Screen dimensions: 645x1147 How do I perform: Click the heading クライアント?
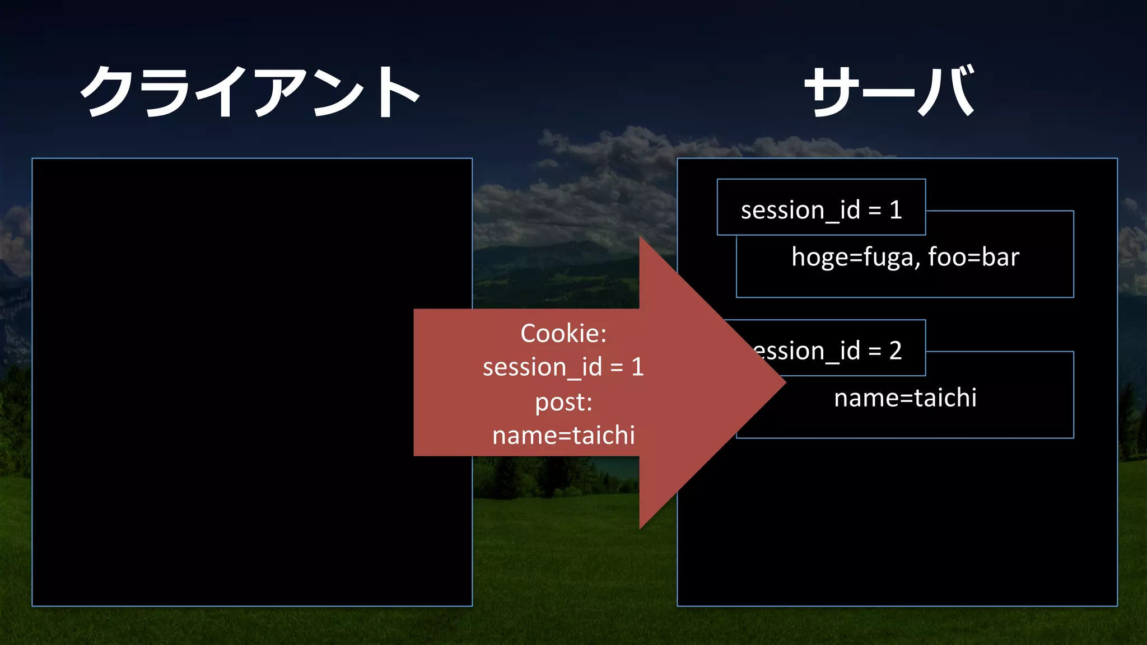pyautogui.click(x=250, y=91)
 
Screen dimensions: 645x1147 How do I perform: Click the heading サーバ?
pyautogui.click(x=889, y=91)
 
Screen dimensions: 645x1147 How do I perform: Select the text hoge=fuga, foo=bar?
pyautogui.click(x=905, y=258)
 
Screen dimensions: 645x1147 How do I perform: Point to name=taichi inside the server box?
pyautogui.click(x=905, y=398)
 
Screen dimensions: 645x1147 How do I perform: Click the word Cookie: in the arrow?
pyautogui.click(x=563, y=334)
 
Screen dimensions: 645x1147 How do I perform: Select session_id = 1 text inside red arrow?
pyautogui.click(x=563, y=367)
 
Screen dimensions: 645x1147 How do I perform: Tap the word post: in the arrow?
pyautogui.click(x=563, y=402)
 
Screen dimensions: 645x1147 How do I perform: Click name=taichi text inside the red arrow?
pyautogui.click(x=563, y=436)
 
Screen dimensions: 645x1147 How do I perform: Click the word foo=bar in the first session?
pyautogui.click(x=973, y=258)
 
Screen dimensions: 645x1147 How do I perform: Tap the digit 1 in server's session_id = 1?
pyautogui.click(x=896, y=210)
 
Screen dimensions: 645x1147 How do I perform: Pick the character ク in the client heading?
pyautogui.click(x=110, y=91)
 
